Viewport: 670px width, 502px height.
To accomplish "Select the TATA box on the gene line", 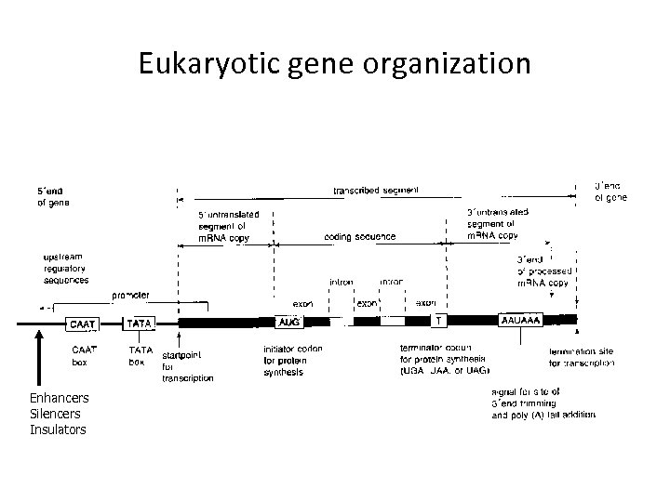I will click(x=141, y=324).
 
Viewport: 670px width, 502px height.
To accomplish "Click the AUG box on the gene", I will click(x=290, y=323).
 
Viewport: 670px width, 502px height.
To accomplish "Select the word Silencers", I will click(x=58, y=414).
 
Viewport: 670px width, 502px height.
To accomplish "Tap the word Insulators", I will click(x=59, y=429).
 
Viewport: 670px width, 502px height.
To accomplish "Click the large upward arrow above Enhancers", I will click(x=37, y=358).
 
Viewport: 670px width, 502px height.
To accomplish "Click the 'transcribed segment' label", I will click(x=376, y=191).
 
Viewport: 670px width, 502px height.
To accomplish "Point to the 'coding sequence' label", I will click(x=360, y=236).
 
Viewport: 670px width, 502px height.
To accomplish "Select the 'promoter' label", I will click(x=131, y=295).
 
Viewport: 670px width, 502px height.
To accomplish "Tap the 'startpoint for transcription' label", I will click(x=187, y=366).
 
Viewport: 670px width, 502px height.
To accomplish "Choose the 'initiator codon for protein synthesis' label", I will click(x=300, y=361).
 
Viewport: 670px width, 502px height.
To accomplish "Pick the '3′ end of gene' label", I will click(x=610, y=191).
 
